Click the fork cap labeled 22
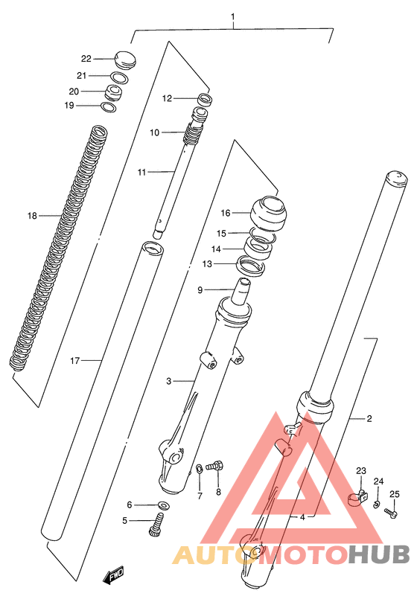point(125,60)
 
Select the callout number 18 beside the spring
point(32,216)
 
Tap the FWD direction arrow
point(113,575)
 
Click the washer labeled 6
point(162,505)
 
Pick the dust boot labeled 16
point(269,214)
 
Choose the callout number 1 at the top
point(232,17)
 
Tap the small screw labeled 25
point(391,513)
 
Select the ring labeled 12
point(205,99)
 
